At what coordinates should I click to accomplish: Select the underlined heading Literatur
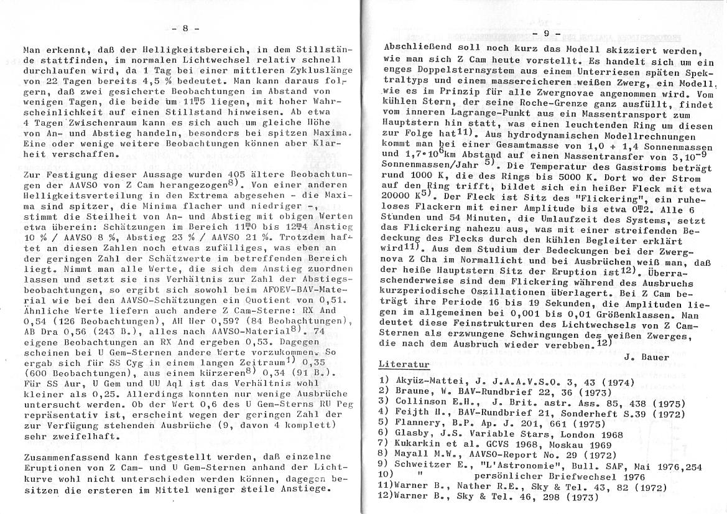click(404, 363)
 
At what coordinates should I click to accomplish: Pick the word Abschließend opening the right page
click(413, 47)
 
